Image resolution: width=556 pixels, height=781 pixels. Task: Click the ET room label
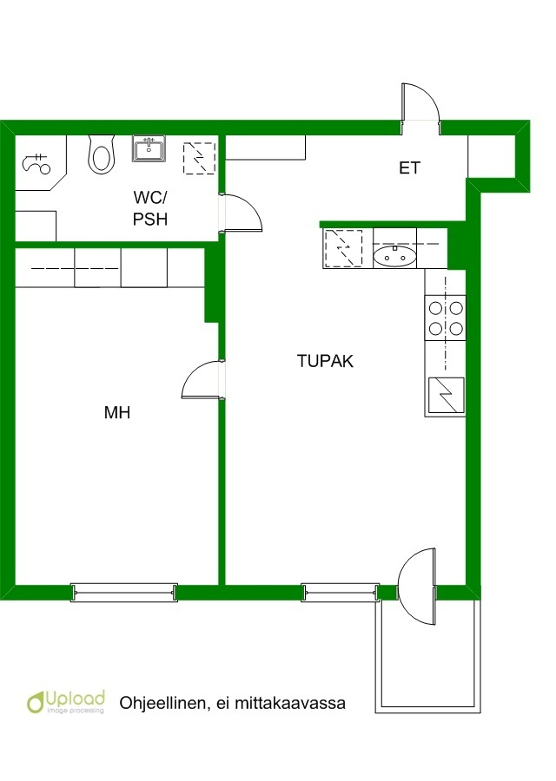pyautogui.click(x=409, y=167)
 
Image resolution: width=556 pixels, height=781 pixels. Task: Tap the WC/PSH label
pyautogui.click(x=150, y=208)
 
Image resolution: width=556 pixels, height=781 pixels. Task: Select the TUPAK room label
pyautogui.click(x=325, y=361)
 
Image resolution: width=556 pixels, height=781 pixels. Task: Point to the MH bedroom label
pyautogui.click(x=117, y=412)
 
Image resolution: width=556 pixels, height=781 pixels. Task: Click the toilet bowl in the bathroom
pyautogui.click(x=102, y=155)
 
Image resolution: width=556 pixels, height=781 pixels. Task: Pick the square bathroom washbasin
pyautogui.click(x=149, y=148)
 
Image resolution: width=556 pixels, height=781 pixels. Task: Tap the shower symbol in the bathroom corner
pyautogui.click(x=36, y=164)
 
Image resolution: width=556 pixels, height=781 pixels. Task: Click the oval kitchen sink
pyautogui.click(x=394, y=256)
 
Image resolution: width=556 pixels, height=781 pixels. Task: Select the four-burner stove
pyautogui.click(x=446, y=318)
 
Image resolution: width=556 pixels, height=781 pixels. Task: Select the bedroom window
pyautogui.click(x=124, y=592)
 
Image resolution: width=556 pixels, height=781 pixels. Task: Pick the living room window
pyautogui.click(x=341, y=592)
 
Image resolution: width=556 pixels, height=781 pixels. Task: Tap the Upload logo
pyautogui.click(x=66, y=701)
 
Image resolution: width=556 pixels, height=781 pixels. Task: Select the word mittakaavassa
pyautogui.click(x=290, y=703)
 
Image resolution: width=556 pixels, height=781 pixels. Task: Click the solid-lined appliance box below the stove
pyautogui.click(x=447, y=397)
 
